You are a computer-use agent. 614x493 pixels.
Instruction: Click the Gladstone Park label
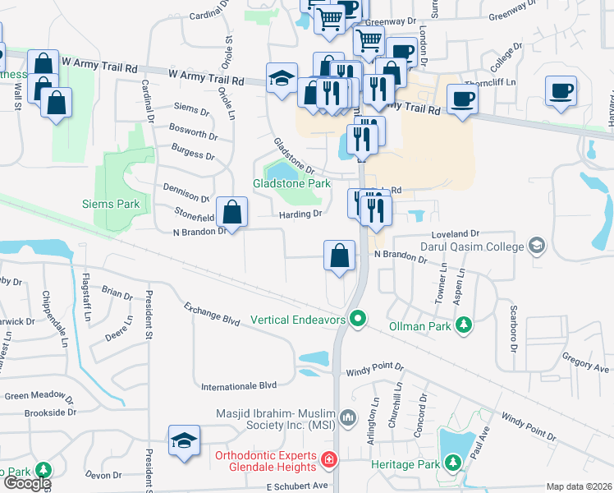pyautogui.click(x=291, y=184)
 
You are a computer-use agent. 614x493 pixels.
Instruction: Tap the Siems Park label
pyautogui.click(x=112, y=204)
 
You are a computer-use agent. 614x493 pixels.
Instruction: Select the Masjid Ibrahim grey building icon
pyautogui.click(x=348, y=418)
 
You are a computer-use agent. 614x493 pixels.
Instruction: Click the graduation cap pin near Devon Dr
pyautogui.click(x=184, y=441)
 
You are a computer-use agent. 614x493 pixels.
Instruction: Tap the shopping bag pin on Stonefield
pyautogui.click(x=233, y=211)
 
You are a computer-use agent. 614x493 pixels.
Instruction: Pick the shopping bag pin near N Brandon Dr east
pyautogui.click(x=340, y=256)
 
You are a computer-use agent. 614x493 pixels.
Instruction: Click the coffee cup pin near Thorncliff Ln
pyautogui.click(x=463, y=98)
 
